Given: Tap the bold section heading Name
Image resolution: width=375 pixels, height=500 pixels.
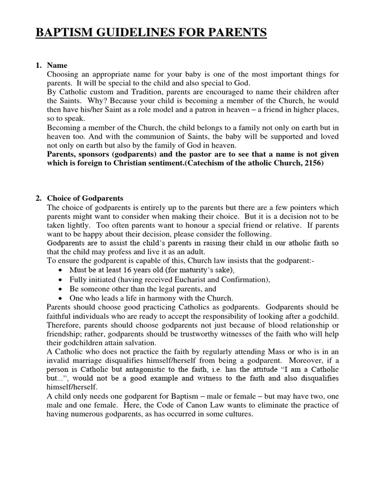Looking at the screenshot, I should point(57,65).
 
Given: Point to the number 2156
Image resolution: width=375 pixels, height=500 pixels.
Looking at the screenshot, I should point(312,164).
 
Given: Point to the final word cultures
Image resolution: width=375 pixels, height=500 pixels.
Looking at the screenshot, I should point(238,414).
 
